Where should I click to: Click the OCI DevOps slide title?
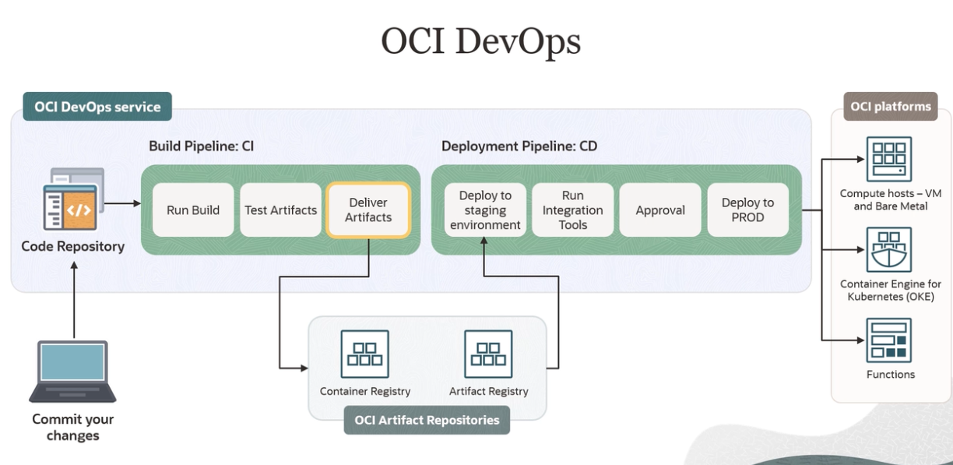coord(480,40)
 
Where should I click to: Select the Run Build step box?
coord(193,210)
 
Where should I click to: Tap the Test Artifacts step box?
coord(280,210)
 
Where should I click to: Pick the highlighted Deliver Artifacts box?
coord(368,210)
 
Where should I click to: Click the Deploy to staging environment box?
coord(485,210)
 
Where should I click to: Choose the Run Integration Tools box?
coord(572,210)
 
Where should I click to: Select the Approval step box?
coord(660,210)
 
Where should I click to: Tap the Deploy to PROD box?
coord(747,210)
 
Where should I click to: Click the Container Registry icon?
coord(364,354)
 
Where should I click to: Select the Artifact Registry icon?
coord(488,354)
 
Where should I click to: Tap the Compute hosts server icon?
coord(890,159)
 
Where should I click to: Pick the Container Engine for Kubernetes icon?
coord(890,250)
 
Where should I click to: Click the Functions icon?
coord(890,340)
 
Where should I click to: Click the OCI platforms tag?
coord(891,107)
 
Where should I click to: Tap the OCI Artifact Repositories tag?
coord(427,420)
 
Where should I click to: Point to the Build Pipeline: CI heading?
coord(202,146)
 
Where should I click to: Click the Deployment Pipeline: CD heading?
coord(519,146)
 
